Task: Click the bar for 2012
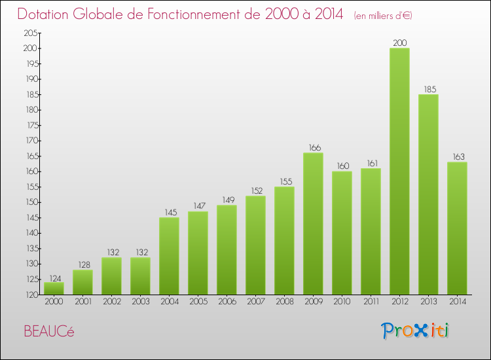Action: [399, 171]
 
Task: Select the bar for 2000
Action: [54, 288]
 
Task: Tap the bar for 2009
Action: [313, 224]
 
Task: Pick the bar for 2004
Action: [169, 256]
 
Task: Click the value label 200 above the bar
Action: [399, 42]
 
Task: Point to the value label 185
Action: [428, 88]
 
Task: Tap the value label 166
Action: [313, 147]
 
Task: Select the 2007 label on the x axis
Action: [255, 302]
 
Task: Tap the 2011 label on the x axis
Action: [371, 302]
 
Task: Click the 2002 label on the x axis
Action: [111, 302]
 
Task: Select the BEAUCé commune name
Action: [49, 331]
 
